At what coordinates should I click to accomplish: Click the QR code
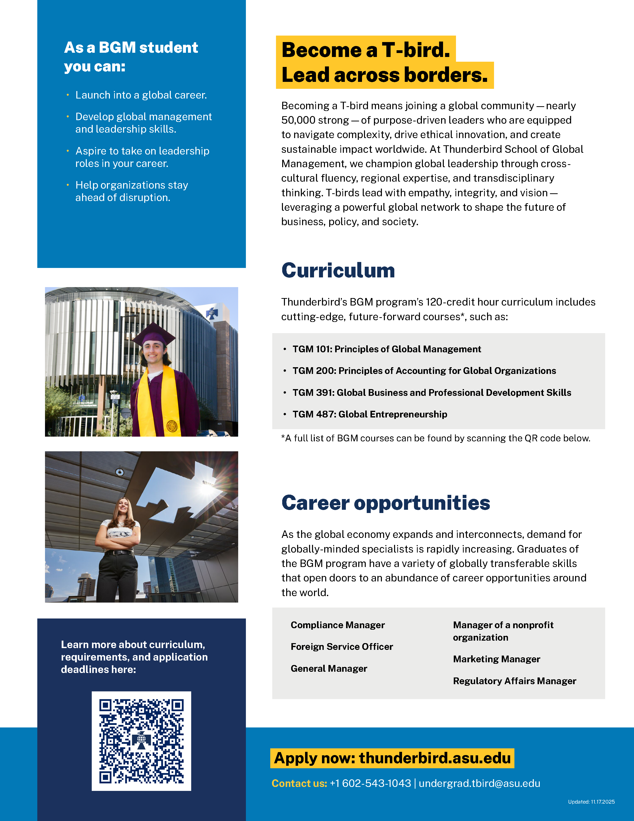tap(141, 741)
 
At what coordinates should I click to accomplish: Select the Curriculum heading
tap(338, 270)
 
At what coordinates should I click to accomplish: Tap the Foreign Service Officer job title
tap(342, 647)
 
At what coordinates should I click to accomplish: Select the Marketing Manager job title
tap(497, 659)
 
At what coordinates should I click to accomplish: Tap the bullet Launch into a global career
tap(141, 95)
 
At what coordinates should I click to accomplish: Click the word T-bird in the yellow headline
tap(415, 50)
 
